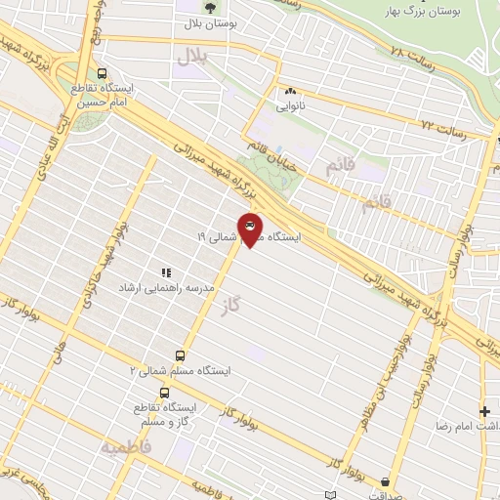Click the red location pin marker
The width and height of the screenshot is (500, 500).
click(x=250, y=229)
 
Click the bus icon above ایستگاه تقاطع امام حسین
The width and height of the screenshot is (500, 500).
click(x=104, y=73)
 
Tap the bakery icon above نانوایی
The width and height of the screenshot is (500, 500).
click(x=290, y=92)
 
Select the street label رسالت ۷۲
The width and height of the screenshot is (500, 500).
click(x=440, y=126)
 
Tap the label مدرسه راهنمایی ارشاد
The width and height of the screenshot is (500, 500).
click(x=166, y=289)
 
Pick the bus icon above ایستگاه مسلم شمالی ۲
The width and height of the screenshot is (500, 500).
click(x=180, y=355)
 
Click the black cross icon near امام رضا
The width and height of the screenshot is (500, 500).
click(x=484, y=411)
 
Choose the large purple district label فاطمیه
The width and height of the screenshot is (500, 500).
click(x=124, y=446)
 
